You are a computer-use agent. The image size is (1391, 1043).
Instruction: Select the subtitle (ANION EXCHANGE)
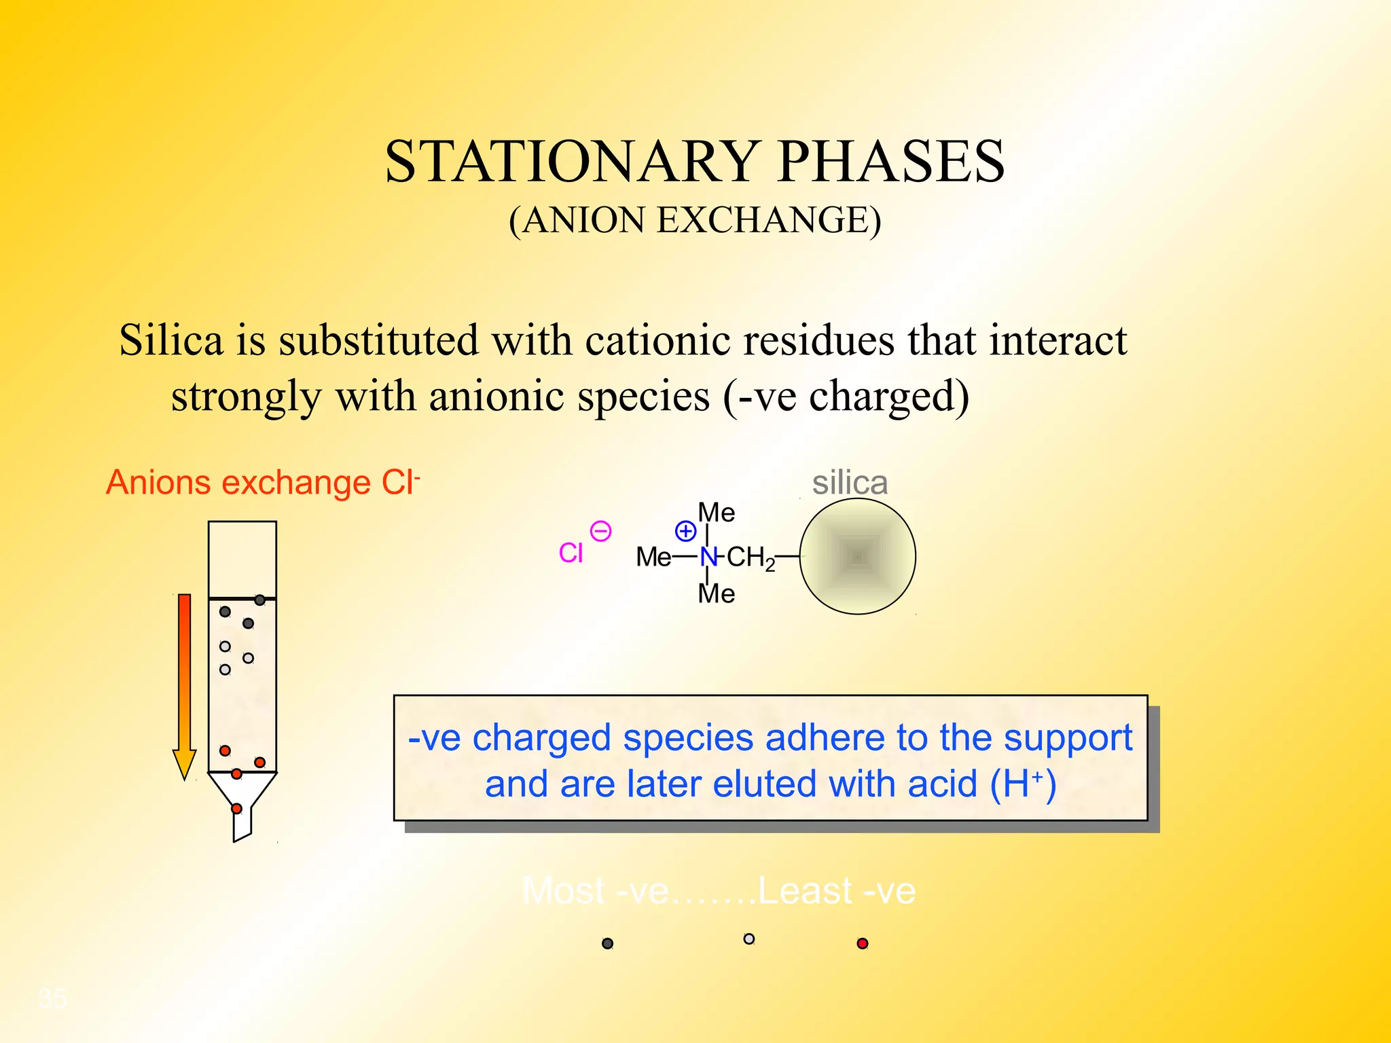point(695,220)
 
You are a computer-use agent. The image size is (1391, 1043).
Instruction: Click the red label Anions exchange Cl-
point(263,483)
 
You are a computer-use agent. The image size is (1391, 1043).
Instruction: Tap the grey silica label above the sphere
point(850,483)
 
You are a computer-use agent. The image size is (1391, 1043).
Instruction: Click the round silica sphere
point(857,556)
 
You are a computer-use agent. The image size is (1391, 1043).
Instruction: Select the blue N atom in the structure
point(708,557)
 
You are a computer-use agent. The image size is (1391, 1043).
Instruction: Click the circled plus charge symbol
point(685,530)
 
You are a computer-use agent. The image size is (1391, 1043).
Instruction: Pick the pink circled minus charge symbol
point(600,531)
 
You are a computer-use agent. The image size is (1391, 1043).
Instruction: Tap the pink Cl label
point(571,553)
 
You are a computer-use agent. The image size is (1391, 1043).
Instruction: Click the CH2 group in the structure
point(750,557)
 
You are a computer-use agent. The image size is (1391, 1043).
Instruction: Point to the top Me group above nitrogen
point(717,512)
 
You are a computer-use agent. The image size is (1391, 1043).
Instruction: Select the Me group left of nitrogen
point(653,557)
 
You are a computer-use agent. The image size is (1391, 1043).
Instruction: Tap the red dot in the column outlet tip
point(236,808)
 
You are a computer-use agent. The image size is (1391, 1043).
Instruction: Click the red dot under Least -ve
point(863,943)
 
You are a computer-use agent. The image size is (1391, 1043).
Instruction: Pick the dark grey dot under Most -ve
point(608,943)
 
